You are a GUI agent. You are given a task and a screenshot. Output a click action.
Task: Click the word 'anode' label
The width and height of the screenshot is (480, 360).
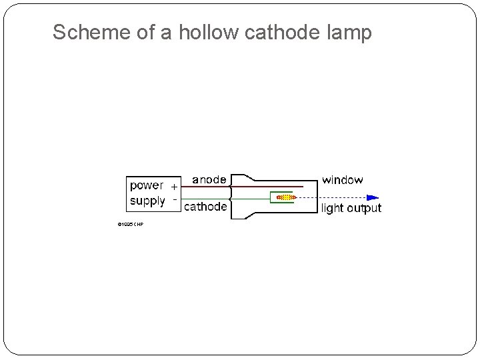(x=209, y=179)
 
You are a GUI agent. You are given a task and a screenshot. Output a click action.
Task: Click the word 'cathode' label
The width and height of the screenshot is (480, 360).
(x=205, y=207)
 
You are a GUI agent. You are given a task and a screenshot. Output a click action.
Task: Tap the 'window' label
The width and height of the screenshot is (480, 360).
(x=343, y=179)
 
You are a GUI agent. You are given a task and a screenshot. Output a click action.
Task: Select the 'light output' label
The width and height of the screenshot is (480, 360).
(x=351, y=208)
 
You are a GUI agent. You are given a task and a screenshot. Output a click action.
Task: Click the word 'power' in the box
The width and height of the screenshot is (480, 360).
(x=146, y=186)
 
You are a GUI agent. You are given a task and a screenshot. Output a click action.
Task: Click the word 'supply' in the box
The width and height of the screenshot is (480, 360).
(x=147, y=201)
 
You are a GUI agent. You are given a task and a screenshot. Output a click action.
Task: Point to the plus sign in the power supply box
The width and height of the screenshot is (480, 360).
(x=174, y=186)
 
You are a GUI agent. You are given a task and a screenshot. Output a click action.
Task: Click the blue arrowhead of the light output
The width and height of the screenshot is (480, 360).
(x=373, y=197)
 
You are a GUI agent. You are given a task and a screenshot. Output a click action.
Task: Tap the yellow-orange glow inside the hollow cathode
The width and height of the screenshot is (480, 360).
(x=285, y=197)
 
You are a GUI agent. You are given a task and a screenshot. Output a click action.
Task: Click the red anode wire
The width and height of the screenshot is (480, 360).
(x=267, y=187)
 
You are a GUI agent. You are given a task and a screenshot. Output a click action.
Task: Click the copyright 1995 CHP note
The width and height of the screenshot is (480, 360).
(x=130, y=225)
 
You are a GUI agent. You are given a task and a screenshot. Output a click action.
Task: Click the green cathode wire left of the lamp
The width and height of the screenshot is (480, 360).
(x=207, y=198)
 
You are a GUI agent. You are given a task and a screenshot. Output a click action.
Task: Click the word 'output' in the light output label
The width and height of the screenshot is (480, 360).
(x=364, y=208)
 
